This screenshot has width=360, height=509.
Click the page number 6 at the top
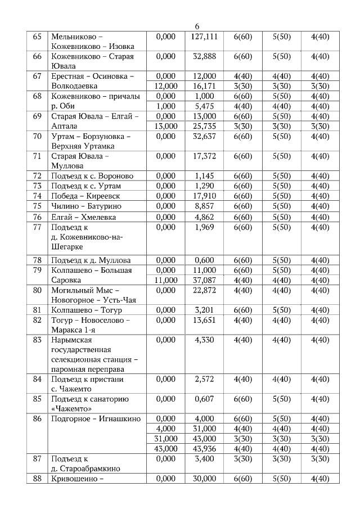coord(197,26)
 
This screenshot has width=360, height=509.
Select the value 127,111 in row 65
coord(204,37)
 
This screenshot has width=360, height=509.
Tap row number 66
coord(38,56)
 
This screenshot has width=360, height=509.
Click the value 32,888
coord(204,56)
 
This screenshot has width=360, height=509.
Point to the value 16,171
coord(204,86)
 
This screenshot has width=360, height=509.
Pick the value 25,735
coord(204,126)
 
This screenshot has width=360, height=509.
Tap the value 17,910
coord(204,196)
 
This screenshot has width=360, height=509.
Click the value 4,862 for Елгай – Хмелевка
coord(204,217)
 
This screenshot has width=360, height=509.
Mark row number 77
coord(38,227)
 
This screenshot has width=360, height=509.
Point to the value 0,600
coord(204,260)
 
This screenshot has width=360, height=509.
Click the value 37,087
coord(204,280)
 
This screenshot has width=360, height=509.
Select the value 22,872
coord(204,290)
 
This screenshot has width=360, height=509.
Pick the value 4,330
coord(204,340)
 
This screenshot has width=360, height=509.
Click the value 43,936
coord(204,448)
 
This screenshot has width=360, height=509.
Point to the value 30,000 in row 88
coord(204,478)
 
